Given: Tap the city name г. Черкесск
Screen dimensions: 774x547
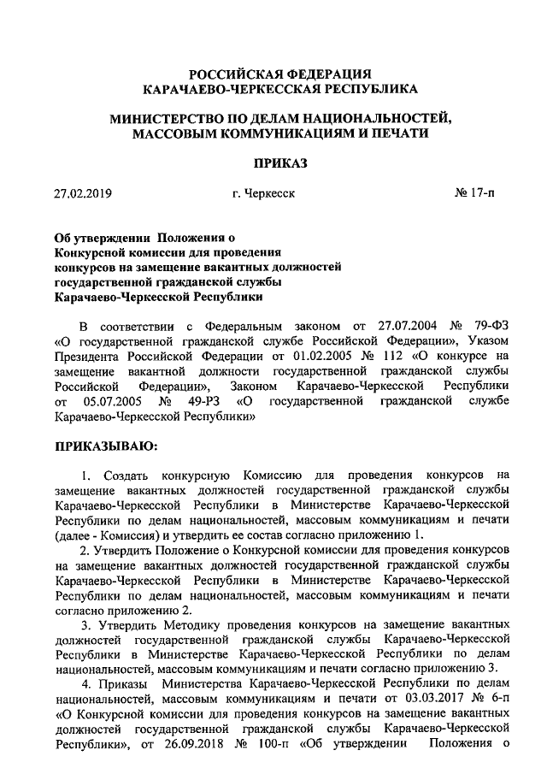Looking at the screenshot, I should click(x=263, y=194).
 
